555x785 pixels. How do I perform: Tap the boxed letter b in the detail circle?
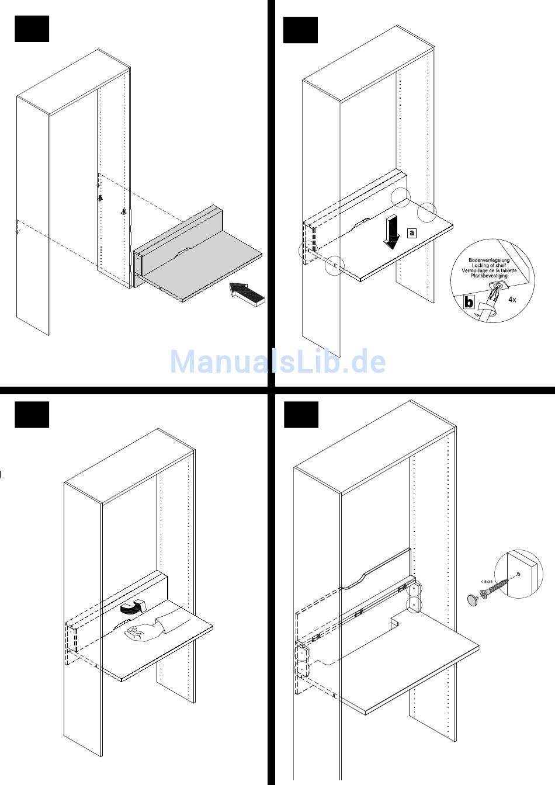pos(469,303)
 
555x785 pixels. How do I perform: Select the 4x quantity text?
pos(512,299)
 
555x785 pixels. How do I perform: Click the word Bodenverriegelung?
pos(489,260)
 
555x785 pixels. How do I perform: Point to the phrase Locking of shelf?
pos(489,266)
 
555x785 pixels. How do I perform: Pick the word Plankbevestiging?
pos(489,276)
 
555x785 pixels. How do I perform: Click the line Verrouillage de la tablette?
pos(489,271)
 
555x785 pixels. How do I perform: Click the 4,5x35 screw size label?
pos(486,582)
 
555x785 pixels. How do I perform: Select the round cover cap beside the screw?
pos(472,599)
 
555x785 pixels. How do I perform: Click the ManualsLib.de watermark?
pos(277,362)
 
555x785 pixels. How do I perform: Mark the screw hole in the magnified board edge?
pos(518,575)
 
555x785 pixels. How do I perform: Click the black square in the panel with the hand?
pos(32,415)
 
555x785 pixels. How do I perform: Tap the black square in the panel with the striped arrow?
pos(32,29)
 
